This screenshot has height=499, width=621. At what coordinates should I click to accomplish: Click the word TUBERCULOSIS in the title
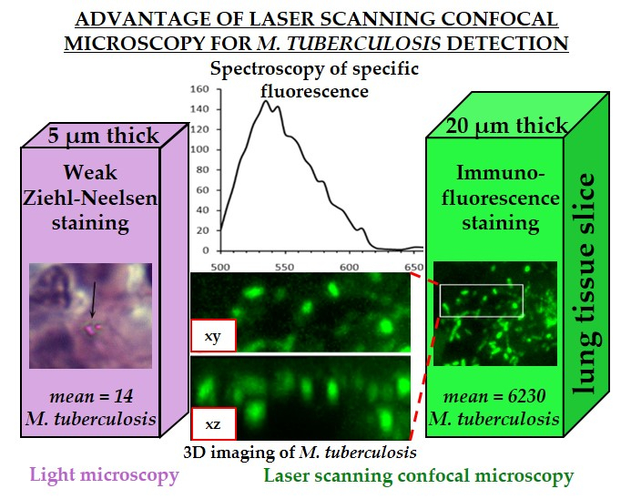click(363, 43)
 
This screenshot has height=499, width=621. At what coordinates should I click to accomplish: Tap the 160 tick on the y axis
click(199, 89)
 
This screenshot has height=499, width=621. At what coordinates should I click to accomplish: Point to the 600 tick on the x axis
click(349, 268)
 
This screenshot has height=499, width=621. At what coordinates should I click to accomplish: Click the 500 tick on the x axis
click(220, 268)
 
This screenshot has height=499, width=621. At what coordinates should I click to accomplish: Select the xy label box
click(213, 335)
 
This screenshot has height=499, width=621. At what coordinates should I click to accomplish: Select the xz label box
click(213, 423)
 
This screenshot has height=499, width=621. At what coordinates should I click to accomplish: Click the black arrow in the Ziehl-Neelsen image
click(93, 300)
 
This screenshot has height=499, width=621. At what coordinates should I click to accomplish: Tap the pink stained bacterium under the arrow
click(93, 329)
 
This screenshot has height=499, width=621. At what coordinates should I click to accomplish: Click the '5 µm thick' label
click(104, 136)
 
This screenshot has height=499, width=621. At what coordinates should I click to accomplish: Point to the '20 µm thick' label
click(506, 126)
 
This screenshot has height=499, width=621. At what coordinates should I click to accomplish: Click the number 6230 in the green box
click(526, 396)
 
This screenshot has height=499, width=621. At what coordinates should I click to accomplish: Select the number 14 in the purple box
click(124, 396)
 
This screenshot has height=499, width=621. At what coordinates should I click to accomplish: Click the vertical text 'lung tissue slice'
click(584, 283)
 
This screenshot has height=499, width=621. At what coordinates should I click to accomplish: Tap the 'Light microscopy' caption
click(104, 475)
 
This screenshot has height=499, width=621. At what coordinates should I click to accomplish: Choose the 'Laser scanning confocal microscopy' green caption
click(419, 475)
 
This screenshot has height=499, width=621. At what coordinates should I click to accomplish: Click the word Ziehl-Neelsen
click(90, 198)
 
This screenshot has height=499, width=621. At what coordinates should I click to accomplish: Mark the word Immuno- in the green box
click(501, 173)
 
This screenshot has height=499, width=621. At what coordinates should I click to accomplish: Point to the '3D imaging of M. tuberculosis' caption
click(300, 453)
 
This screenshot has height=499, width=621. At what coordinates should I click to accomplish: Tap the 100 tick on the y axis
click(199, 149)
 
